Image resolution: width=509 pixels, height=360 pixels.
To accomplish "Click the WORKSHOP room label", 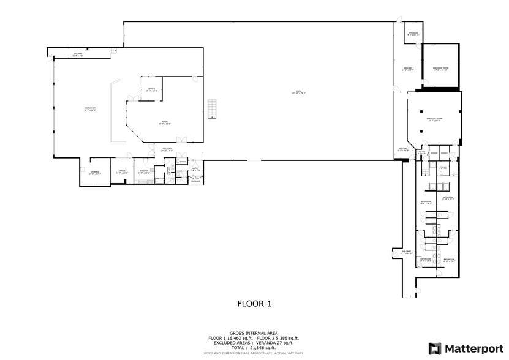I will point(89,109).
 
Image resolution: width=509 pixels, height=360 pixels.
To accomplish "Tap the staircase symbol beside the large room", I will point(212,108).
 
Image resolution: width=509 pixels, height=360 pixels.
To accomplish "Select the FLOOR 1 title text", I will point(254,303).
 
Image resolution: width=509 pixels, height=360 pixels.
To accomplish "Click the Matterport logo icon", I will point(434,348).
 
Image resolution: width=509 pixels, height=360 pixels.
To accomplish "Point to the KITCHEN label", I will point(144,172).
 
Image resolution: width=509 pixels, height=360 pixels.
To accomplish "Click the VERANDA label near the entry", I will point(195,181).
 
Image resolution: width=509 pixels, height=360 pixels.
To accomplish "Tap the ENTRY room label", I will point(195,169).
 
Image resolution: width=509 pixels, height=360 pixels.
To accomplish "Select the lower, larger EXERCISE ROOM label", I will point(435,119).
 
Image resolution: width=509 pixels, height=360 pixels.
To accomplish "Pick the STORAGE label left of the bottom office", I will point(94,173).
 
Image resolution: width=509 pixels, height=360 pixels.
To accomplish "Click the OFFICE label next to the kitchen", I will point(121,172).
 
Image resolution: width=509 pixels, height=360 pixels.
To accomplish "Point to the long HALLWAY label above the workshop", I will point(78,55).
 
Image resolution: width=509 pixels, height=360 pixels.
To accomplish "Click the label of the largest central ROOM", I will point(298,92).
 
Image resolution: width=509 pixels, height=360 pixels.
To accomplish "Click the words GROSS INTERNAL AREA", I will point(254,333).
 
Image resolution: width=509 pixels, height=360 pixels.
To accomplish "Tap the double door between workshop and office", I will point(129,98).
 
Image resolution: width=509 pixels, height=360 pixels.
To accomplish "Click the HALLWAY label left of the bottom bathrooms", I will point(405,252).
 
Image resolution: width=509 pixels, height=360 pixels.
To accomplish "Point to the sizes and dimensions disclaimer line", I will point(254,353).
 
